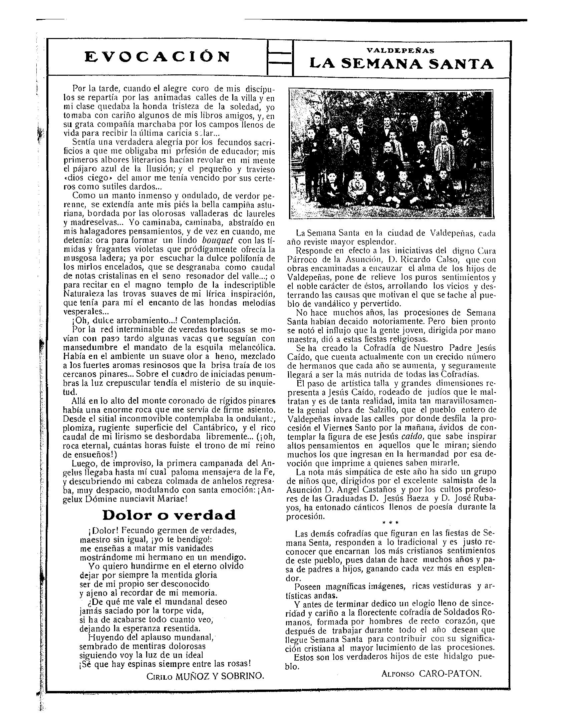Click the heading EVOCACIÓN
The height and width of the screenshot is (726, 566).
(157, 57)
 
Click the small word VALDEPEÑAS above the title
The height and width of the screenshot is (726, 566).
(400, 51)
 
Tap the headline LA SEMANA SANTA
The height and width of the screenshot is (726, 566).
(401, 63)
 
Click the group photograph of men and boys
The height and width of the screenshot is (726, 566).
(391, 154)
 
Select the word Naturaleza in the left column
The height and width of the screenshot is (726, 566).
(79, 294)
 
